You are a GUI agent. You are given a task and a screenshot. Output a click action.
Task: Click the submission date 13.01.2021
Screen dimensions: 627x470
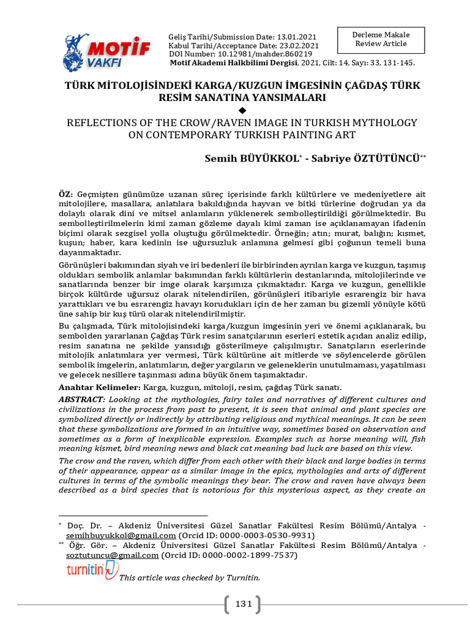(x=297, y=37)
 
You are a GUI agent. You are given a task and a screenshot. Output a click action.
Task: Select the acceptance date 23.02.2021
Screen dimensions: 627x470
(x=297, y=46)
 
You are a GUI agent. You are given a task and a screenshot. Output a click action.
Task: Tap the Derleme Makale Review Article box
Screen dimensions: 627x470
(x=381, y=39)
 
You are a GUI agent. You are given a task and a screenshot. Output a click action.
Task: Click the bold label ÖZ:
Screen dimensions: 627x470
(x=65, y=193)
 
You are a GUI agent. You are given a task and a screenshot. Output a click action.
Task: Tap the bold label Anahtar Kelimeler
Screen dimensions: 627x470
(x=99, y=388)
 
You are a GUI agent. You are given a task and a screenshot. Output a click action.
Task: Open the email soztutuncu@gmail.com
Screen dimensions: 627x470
(x=112, y=555)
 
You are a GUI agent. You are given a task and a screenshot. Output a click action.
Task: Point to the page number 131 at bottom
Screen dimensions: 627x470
(x=244, y=604)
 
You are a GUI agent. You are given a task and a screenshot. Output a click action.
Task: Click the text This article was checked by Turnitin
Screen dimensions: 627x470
(x=190, y=577)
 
